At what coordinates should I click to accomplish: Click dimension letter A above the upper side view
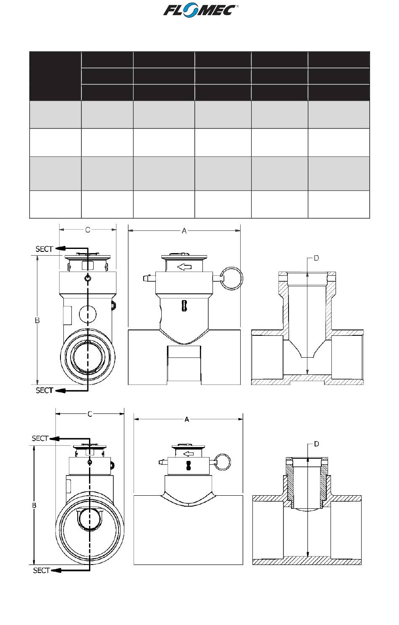184,230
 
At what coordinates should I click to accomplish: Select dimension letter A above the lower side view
187,419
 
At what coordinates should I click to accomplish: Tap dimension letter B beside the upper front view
37,320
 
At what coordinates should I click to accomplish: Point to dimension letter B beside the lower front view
34,505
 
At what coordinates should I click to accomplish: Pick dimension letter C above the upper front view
88,230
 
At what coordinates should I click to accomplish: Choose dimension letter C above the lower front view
90,414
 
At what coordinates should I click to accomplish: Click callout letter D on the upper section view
316,258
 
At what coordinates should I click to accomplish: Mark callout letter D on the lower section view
316,444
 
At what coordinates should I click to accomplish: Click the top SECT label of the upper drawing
44,249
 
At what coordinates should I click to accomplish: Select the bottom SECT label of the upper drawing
44,390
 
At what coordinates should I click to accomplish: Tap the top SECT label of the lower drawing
40,438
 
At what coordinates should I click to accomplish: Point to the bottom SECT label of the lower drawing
41,570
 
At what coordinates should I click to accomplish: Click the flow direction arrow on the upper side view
184,267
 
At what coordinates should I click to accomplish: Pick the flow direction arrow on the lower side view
189,453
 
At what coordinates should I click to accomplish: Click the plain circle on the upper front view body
88,314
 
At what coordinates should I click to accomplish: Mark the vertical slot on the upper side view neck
184,306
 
